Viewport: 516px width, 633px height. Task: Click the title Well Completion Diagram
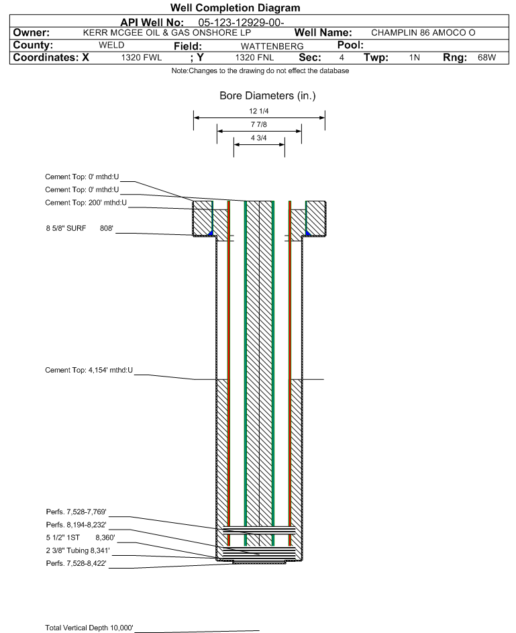point(235,8)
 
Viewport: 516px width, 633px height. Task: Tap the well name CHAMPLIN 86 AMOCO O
point(423,33)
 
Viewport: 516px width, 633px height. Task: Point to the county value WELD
point(111,46)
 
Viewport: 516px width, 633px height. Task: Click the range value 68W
point(486,58)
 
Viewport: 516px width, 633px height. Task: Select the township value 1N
point(415,58)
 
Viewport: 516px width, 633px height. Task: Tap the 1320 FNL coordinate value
point(254,58)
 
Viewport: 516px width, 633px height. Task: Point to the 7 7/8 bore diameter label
point(259,125)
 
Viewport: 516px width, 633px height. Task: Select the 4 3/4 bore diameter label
point(259,138)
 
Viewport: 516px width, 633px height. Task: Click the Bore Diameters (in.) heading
point(267,96)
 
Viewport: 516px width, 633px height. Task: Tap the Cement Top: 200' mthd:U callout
point(86,203)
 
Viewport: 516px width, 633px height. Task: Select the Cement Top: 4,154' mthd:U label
point(89,370)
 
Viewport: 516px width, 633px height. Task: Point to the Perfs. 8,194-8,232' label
point(76,524)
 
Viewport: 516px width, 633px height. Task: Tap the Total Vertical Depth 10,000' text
point(89,628)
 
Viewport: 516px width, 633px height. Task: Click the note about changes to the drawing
point(260,71)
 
